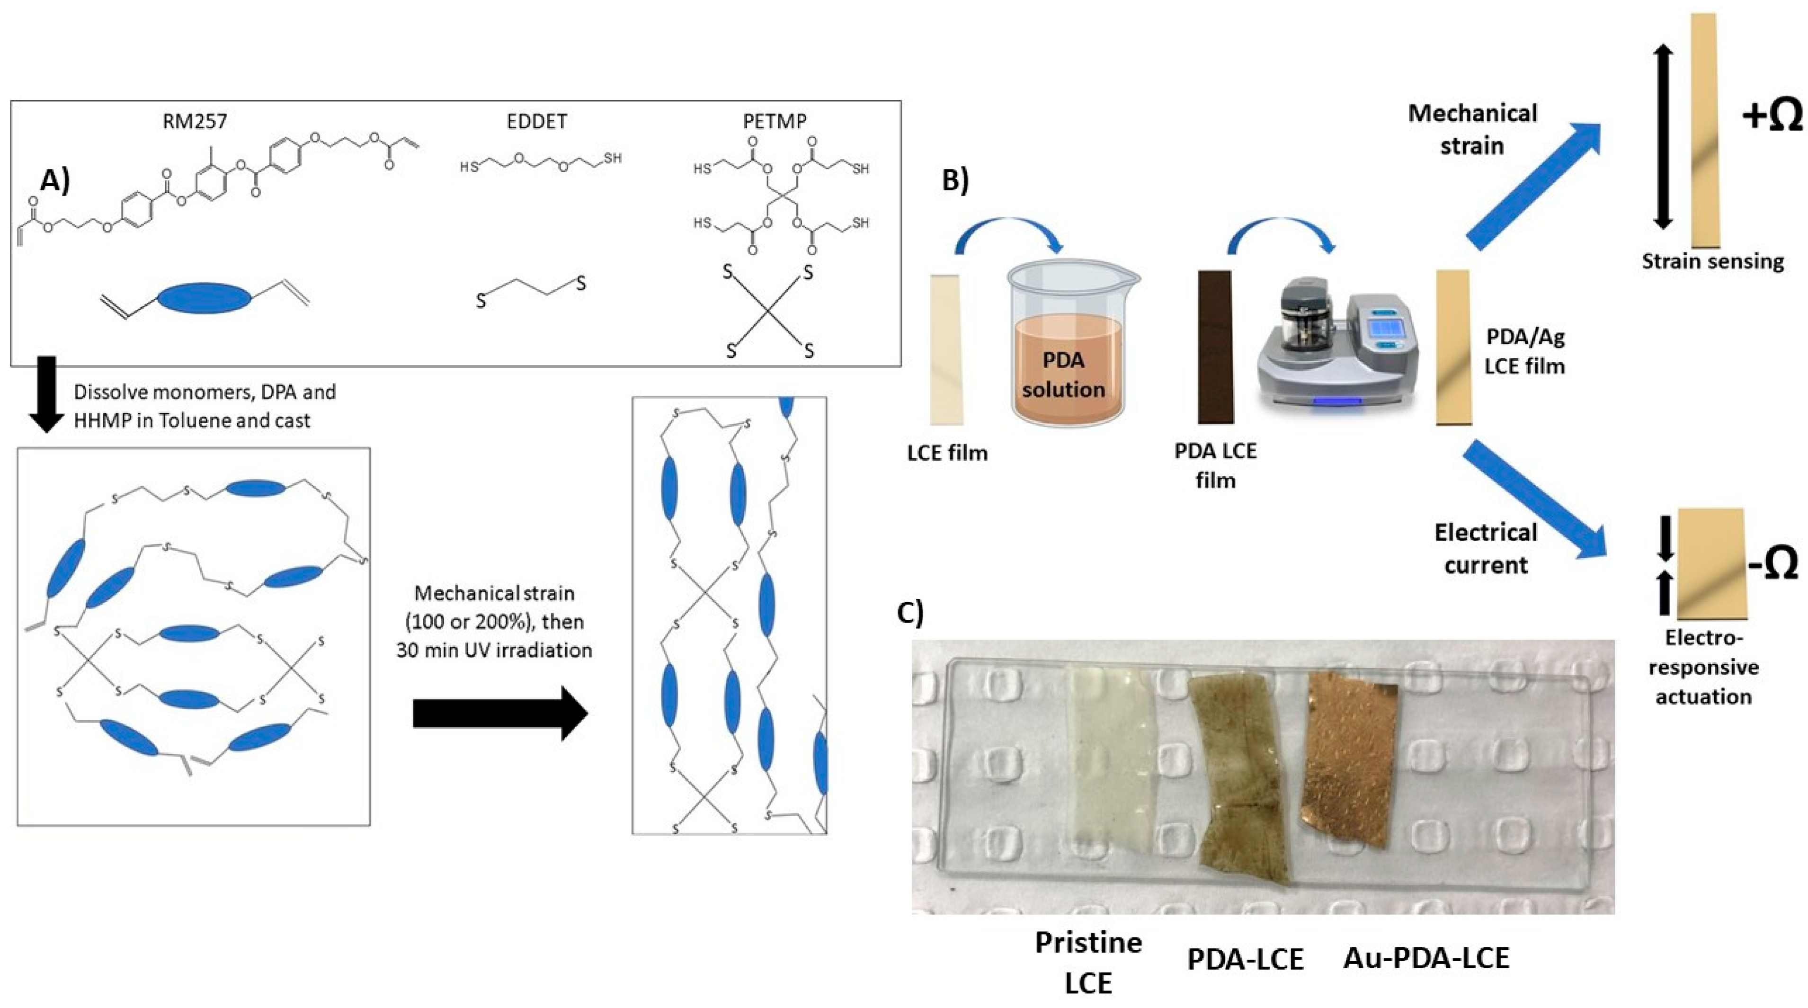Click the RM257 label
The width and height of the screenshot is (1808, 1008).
point(195,121)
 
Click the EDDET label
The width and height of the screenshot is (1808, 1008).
point(536,121)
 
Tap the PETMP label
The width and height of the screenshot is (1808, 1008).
point(775,121)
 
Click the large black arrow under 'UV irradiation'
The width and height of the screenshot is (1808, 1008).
point(500,714)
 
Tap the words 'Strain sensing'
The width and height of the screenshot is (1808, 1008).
point(1712,262)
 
